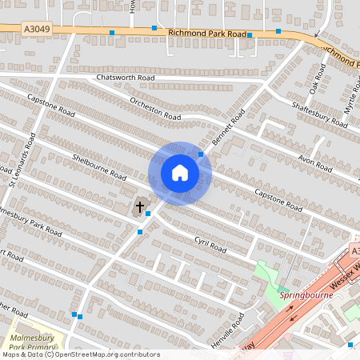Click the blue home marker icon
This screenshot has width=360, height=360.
(180, 173)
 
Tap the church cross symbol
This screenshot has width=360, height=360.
(139, 207)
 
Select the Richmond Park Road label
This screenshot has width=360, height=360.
(207, 34)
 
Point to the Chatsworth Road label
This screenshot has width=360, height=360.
(124, 78)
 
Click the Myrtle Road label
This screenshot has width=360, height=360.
(350, 100)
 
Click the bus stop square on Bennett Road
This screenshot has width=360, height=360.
(201, 154)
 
